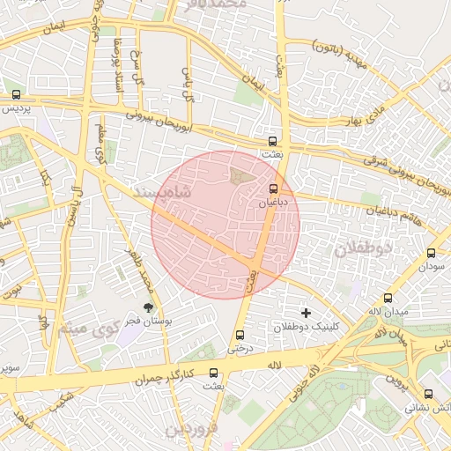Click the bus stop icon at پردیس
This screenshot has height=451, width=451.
[x=16, y=94]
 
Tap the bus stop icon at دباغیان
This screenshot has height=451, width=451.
[x=273, y=188]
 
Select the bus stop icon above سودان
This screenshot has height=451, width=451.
[x=431, y=251]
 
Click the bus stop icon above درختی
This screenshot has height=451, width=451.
[x=240, y=335]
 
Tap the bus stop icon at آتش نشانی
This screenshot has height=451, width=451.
[x=429, y=394]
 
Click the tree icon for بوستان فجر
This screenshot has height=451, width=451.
[x=149, y=307]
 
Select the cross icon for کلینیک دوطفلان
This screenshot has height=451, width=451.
[x=306, y=313]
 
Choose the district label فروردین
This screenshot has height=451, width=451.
[x=189, y=430]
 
